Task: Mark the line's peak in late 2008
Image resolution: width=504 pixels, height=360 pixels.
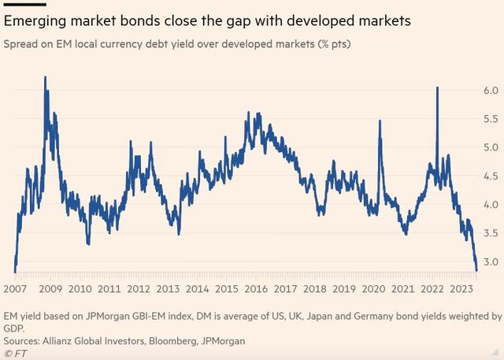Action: coord(45,77)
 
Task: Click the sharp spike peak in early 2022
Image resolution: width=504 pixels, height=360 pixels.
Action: coord(437,87)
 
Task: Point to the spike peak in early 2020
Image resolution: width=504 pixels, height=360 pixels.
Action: coord(380,121)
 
